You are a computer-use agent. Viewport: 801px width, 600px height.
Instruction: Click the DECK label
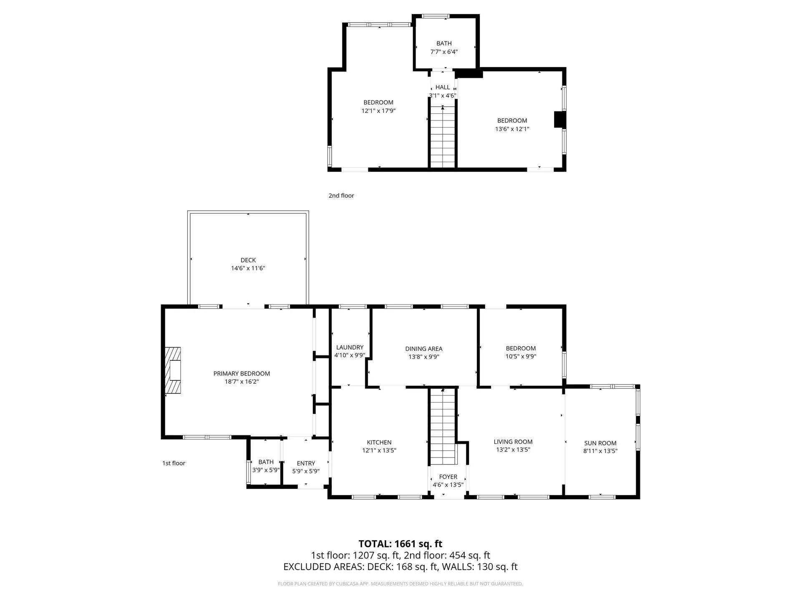tap(248, 260)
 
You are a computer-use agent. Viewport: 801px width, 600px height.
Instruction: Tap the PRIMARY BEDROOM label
tap(242, 373)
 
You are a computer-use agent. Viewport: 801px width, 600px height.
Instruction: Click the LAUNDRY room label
tap(350, 347)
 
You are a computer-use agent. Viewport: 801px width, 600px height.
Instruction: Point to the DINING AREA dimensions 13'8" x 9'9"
tap(423, 357)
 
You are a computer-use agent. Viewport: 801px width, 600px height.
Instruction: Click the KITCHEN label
tap(379, 442)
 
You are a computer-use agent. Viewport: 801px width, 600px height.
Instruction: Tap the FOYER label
tap(448, 477)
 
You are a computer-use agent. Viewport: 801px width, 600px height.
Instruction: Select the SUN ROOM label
tap(600, 443)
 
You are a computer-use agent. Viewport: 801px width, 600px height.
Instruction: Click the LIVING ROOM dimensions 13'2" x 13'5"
tap(513, 450)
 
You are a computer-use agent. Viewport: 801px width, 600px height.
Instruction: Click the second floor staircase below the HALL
tap(442, 137)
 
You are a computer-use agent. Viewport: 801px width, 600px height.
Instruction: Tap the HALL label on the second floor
tap(442, 87)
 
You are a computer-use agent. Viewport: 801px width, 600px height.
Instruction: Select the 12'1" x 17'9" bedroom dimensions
tap(378, 111)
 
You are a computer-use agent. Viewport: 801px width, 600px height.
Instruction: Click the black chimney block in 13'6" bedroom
tap(559, 120)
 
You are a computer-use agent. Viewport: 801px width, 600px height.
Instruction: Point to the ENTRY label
tap(306, 463)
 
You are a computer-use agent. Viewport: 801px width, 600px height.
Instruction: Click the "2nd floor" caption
tap(341, 195)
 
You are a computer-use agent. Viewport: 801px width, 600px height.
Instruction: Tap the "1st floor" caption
tap(174, 463)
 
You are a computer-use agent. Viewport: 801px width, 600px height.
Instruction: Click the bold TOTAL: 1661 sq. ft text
tap(400, 544)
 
